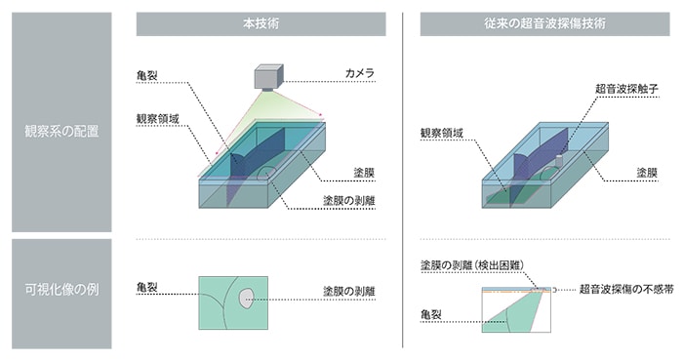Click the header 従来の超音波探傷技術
(x=545, y=23)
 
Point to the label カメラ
(x=360, y=73)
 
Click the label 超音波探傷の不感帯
(x=622, y=289)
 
